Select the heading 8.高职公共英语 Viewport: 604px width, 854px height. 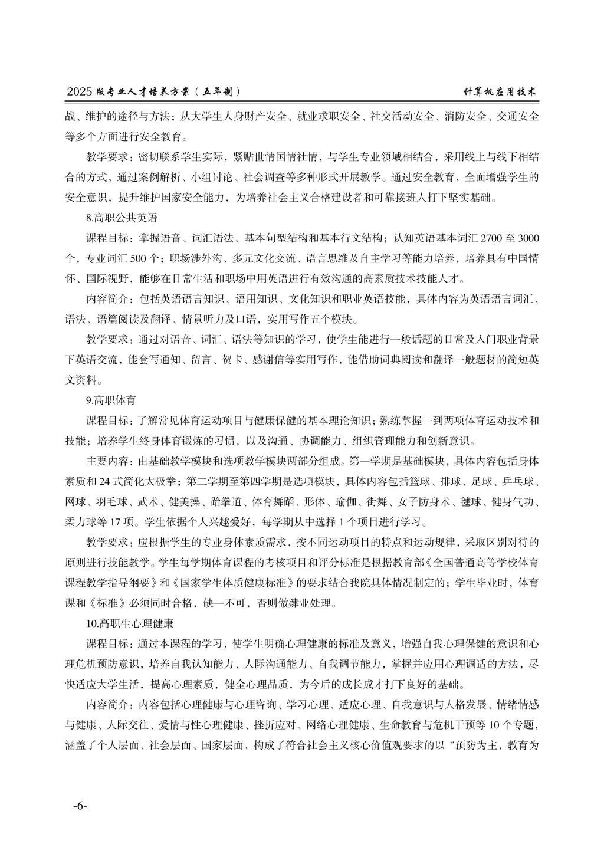[122, 218]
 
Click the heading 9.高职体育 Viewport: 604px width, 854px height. [111, 400]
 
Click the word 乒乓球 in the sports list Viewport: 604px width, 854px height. [519, 482]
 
